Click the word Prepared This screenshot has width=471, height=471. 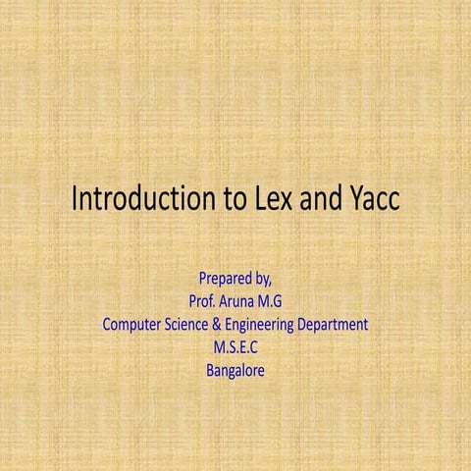225,278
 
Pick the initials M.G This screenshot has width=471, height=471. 271,301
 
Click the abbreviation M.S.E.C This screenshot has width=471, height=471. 235,347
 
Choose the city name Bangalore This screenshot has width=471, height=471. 235,371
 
